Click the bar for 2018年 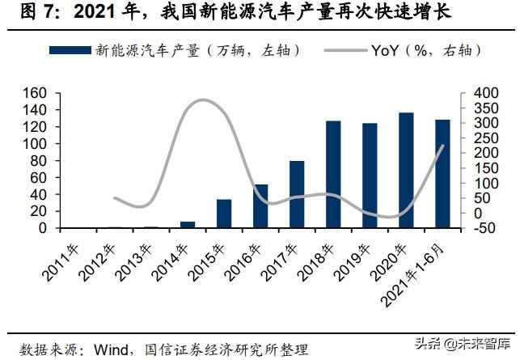coord(333,174)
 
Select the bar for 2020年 coord(406,170)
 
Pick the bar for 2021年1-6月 coord(442,174)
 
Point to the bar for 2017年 coord(297,194)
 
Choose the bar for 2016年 coord(260,206)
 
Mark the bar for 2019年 coord(370,176)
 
